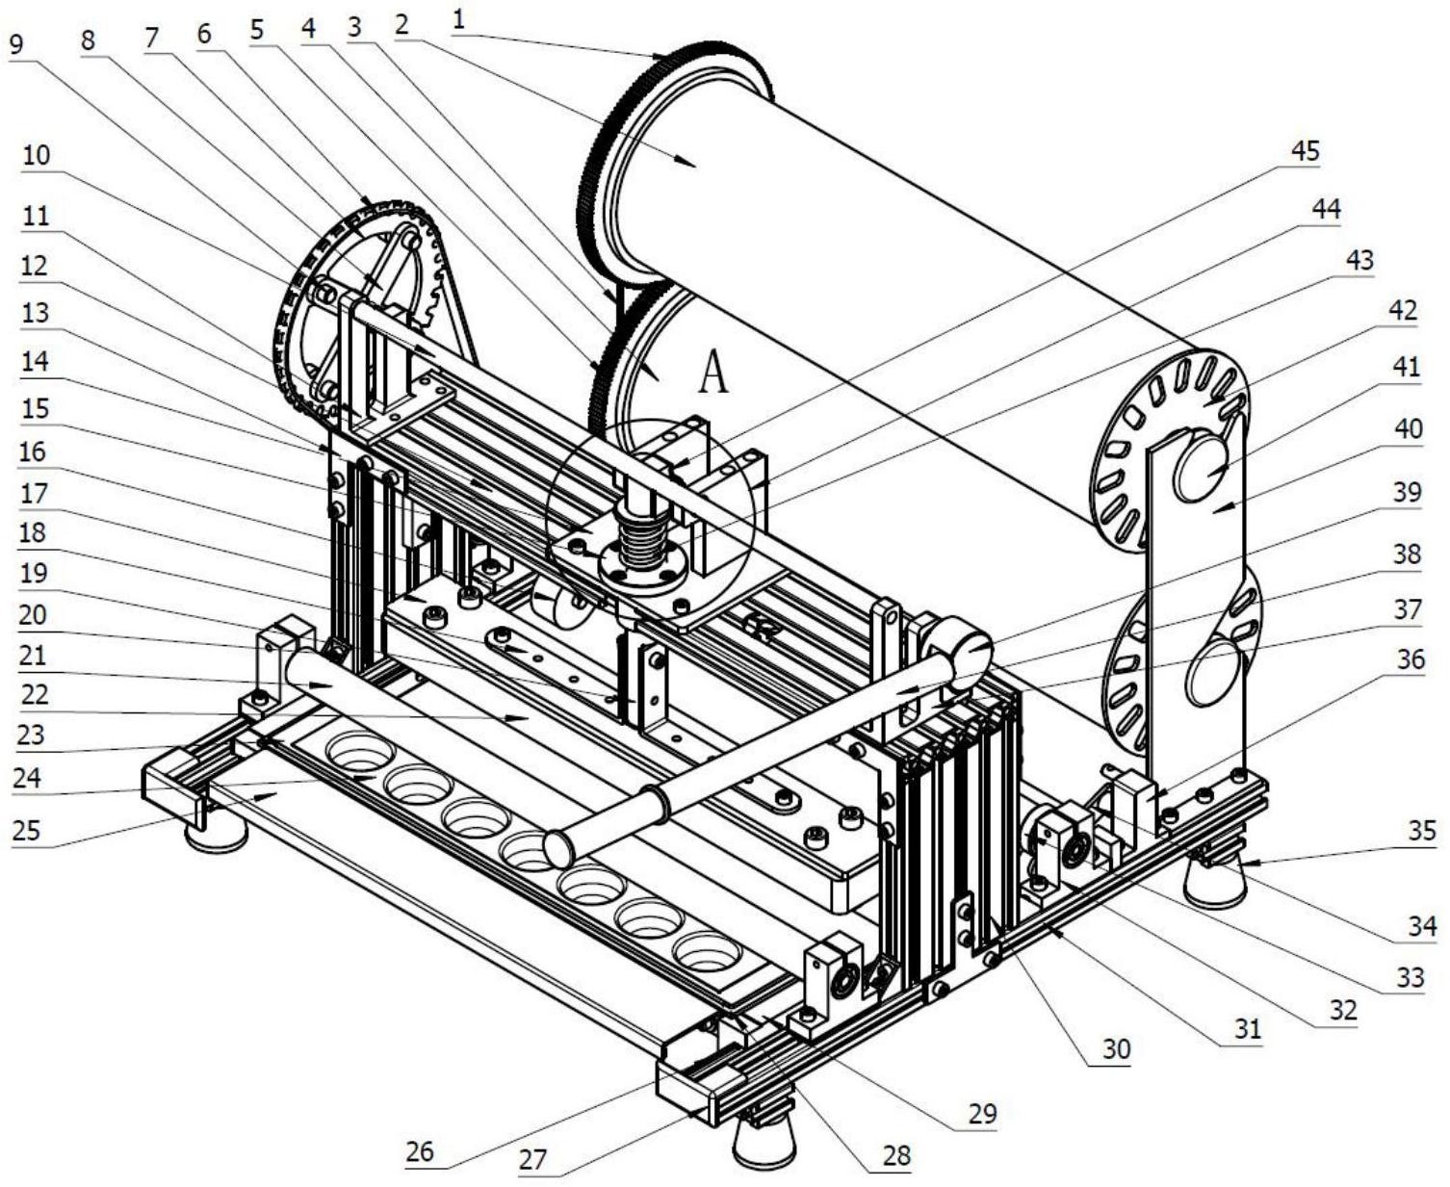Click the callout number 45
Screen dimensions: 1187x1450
(1306, 152)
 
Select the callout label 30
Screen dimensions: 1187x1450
(1116, 1048)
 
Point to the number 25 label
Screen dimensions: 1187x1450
(27, 831)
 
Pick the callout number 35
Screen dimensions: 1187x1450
(1422, 830)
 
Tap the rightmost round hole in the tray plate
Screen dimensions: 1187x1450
(706, 951)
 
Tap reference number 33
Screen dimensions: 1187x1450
(1411, 977)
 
